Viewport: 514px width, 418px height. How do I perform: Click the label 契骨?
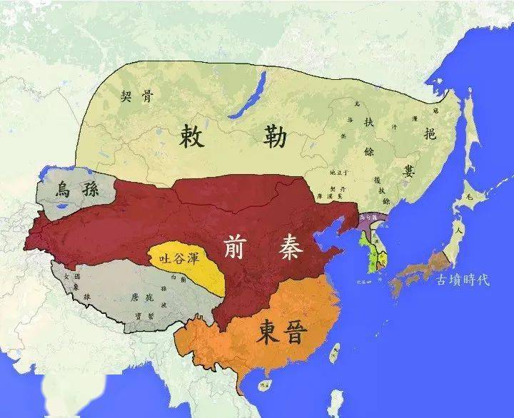click(x=136, y=96)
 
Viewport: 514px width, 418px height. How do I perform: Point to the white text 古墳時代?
click(x=463, y=280)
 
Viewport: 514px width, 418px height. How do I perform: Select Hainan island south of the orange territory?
click(x=265, y=386)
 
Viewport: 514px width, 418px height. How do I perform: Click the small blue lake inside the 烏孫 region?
click(x=64, y=207)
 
